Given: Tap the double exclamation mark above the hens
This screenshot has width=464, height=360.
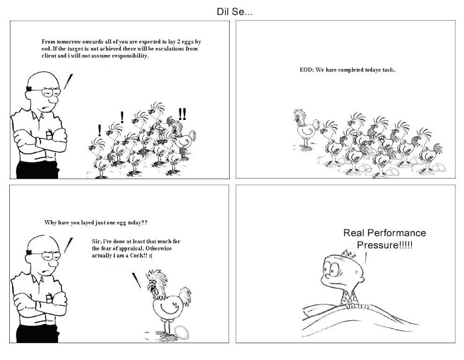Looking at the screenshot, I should pyautogui.click(x=183, y=114).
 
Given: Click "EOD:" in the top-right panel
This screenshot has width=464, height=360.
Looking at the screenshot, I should pyautogui.click(x=306, y=70).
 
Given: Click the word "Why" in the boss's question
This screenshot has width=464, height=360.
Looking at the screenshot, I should pyautogui.click(x=51, y=223).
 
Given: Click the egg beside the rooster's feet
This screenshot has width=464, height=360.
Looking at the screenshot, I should pyautogui.click(x=180, y=332).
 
